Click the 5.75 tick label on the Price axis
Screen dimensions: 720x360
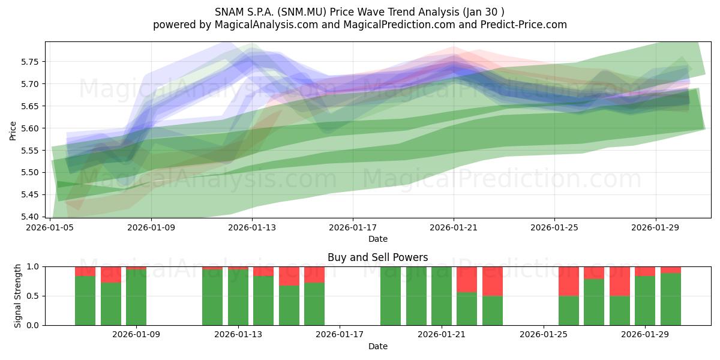[x=29, y=62]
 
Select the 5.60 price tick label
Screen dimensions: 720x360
[x=29, y=128]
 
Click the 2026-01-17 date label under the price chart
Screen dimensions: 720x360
[x=353, y=227]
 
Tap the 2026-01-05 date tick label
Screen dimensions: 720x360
[x=50, y=227]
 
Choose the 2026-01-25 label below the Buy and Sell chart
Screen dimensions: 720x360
[x=544, y=335]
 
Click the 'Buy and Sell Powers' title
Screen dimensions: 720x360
[x=377, y=257]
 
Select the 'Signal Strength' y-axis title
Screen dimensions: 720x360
[x=17, y=296]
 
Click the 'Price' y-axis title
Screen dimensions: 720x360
[x=13, y=131]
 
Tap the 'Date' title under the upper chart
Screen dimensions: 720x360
[x=377, y=239]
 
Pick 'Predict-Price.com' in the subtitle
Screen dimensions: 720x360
[x=524, y=25]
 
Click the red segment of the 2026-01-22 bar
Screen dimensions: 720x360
[x=467, y=280]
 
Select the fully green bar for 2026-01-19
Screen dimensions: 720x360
[x=391, y=296]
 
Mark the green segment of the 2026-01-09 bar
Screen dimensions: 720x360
[x=136, y=298]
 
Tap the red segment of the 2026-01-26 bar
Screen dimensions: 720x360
[x=569, y=281]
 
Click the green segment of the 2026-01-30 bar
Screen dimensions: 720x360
[x=671, y=299]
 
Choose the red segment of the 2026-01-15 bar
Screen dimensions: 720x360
[x=289, y=276]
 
